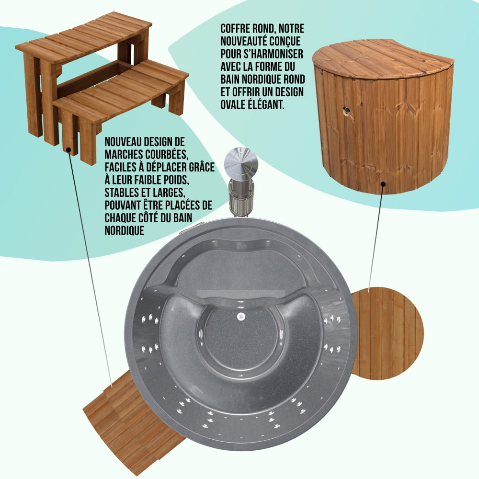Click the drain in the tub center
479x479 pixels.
241,317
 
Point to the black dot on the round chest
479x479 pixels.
383,184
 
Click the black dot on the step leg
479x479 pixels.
68,150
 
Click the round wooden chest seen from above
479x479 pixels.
388,333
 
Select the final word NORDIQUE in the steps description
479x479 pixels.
125,231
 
